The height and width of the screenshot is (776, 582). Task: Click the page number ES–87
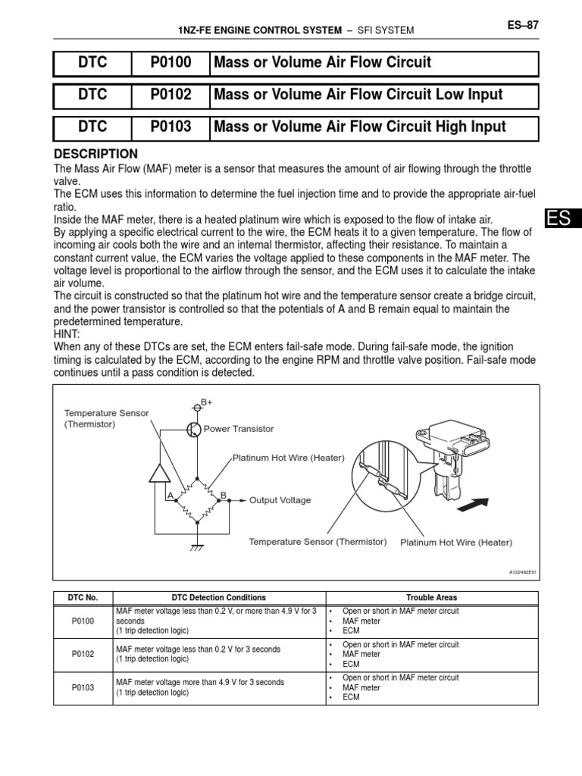click(523, 25)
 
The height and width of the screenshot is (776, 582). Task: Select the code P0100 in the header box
click(171, 63)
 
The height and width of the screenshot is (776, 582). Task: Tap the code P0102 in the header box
click(171, 95)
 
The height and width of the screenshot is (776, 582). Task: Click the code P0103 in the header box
click(171, 127)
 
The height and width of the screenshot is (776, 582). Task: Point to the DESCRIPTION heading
click(95, 154)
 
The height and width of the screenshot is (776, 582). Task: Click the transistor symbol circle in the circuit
click(194, 430)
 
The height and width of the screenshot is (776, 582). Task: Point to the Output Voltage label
click(280, 500)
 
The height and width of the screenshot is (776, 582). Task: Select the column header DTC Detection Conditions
click(219, 597)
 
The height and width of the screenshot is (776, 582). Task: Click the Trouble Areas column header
click(431, 597)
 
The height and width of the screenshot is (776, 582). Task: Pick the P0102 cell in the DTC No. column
click(83, 654)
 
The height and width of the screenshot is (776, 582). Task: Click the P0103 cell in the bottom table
click(83, 687)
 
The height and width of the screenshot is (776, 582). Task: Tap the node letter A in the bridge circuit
click(171, 495)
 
